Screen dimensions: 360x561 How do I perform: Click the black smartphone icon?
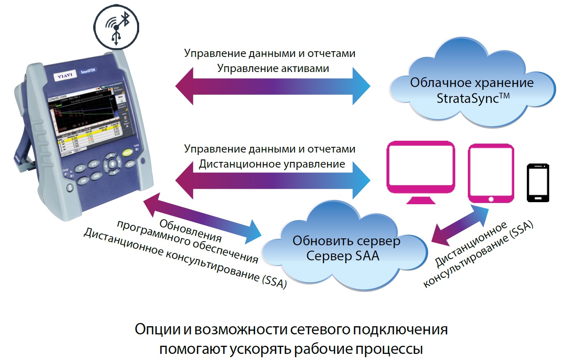coord(538,183)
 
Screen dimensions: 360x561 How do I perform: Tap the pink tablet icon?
coord(491,172)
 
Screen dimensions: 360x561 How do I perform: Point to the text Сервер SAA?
coord(343,256)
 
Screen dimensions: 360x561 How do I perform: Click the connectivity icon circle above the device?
coord(116,27)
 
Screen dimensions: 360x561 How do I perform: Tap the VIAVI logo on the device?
coord(65,76)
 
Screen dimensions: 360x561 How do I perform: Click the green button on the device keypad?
coord(128,153)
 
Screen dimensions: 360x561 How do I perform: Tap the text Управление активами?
coord(273,68)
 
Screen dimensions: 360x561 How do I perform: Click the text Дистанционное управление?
coord(272,164)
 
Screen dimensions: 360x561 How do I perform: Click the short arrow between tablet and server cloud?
coord(460,225)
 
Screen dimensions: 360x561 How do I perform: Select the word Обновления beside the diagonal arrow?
coord(190,230)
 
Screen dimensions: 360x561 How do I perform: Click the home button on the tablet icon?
coord(491,199)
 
